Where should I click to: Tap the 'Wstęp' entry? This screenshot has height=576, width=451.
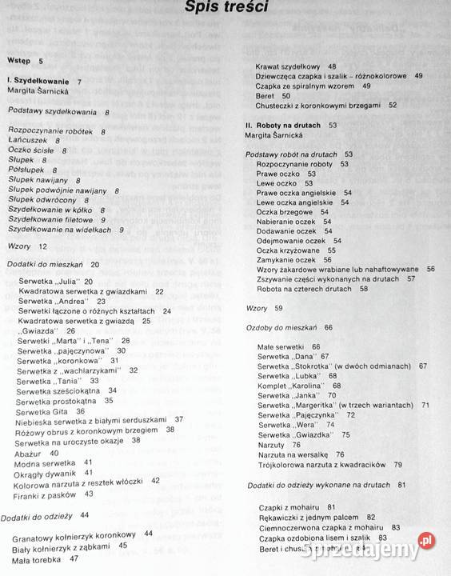[x=18, y=61]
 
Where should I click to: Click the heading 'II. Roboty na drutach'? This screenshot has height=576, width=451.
[x=284, y=125]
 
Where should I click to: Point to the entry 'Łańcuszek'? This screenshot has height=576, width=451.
[x=28, y=140]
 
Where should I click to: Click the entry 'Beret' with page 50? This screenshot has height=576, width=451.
[x=266, y=95]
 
